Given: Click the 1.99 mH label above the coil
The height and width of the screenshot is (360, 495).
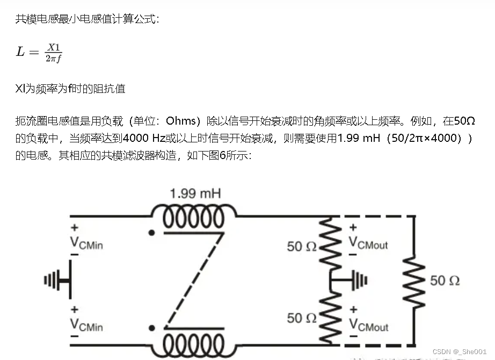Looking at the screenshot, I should tap(195, 193).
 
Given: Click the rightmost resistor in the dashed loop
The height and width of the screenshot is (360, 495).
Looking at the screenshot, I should tap(414, 280).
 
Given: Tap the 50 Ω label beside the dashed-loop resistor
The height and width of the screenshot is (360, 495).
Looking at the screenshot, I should tap(445, 280).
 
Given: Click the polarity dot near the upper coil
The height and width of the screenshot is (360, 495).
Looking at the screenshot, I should tap(153, 233).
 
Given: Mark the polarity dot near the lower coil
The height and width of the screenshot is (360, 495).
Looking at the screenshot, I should tap(153, 327).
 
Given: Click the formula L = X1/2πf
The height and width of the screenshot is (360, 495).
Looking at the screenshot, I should tap(39, 52).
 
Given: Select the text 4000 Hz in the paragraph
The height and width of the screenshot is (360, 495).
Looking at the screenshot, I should tap(144, 138).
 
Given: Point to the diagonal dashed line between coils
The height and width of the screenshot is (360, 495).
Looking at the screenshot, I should tap(193, 280).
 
